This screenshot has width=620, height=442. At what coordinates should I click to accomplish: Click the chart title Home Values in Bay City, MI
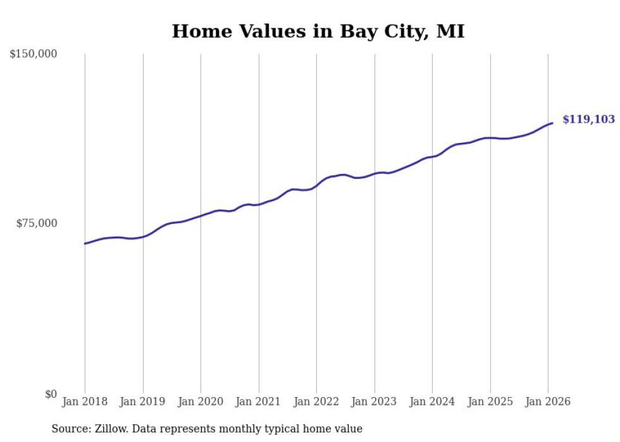318,32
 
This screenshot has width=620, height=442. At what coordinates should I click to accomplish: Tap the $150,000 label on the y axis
33,54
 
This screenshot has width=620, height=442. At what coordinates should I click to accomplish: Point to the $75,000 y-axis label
36,223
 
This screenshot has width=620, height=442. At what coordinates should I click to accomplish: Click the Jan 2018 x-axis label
85,402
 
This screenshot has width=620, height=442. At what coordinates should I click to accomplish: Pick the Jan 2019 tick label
142,402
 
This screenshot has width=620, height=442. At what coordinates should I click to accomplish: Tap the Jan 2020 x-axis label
201,402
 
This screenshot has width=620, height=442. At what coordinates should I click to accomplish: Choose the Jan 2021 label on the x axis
258,402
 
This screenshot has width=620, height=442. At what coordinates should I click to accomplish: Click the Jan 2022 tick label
316,402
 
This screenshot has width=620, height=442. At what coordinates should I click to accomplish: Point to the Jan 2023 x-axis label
375,402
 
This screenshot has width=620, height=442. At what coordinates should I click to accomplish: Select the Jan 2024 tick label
432,402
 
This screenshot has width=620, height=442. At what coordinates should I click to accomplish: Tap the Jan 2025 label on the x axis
490,402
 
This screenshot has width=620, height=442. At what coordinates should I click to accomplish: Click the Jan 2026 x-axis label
548,402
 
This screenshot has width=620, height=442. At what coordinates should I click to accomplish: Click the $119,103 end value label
588,120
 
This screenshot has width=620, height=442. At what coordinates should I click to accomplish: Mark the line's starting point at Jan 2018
85,243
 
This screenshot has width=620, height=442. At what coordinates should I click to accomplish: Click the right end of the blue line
552,123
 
